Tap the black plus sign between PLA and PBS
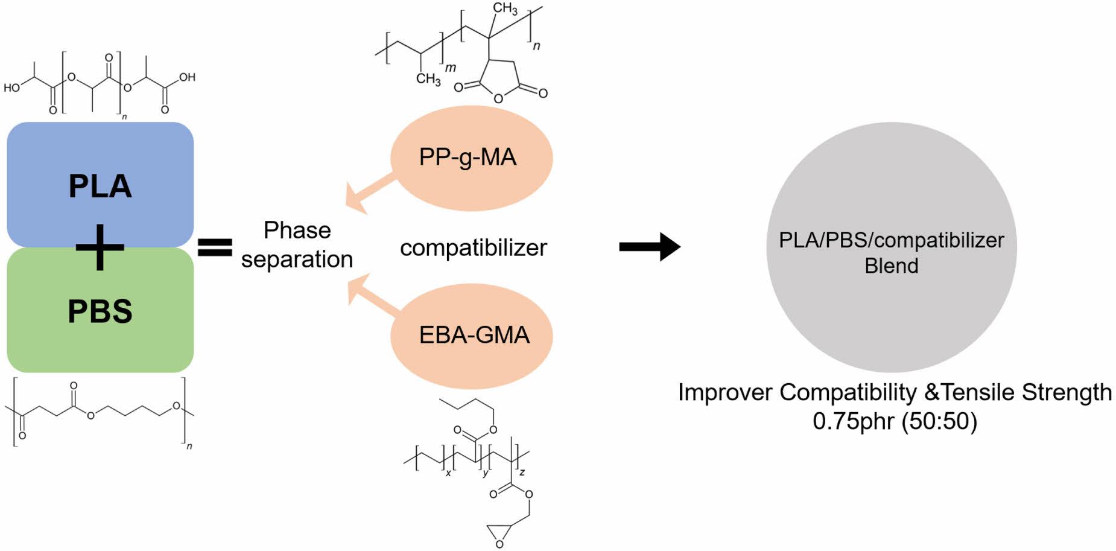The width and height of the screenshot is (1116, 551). coord(100,247)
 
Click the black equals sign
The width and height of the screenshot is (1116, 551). coord(215,247)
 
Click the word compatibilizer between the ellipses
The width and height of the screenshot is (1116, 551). coord(473,247)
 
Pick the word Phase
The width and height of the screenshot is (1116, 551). coord(297,230)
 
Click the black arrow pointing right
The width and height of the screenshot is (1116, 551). coord(650,246)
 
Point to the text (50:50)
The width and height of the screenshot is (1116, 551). coord(939,421)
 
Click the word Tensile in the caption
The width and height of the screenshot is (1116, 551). coord(978,392)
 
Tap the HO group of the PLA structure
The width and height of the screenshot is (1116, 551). coord(11,88)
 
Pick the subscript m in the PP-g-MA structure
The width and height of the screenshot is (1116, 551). coord(451,68)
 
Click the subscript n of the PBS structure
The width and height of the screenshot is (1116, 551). coord(189,446)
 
